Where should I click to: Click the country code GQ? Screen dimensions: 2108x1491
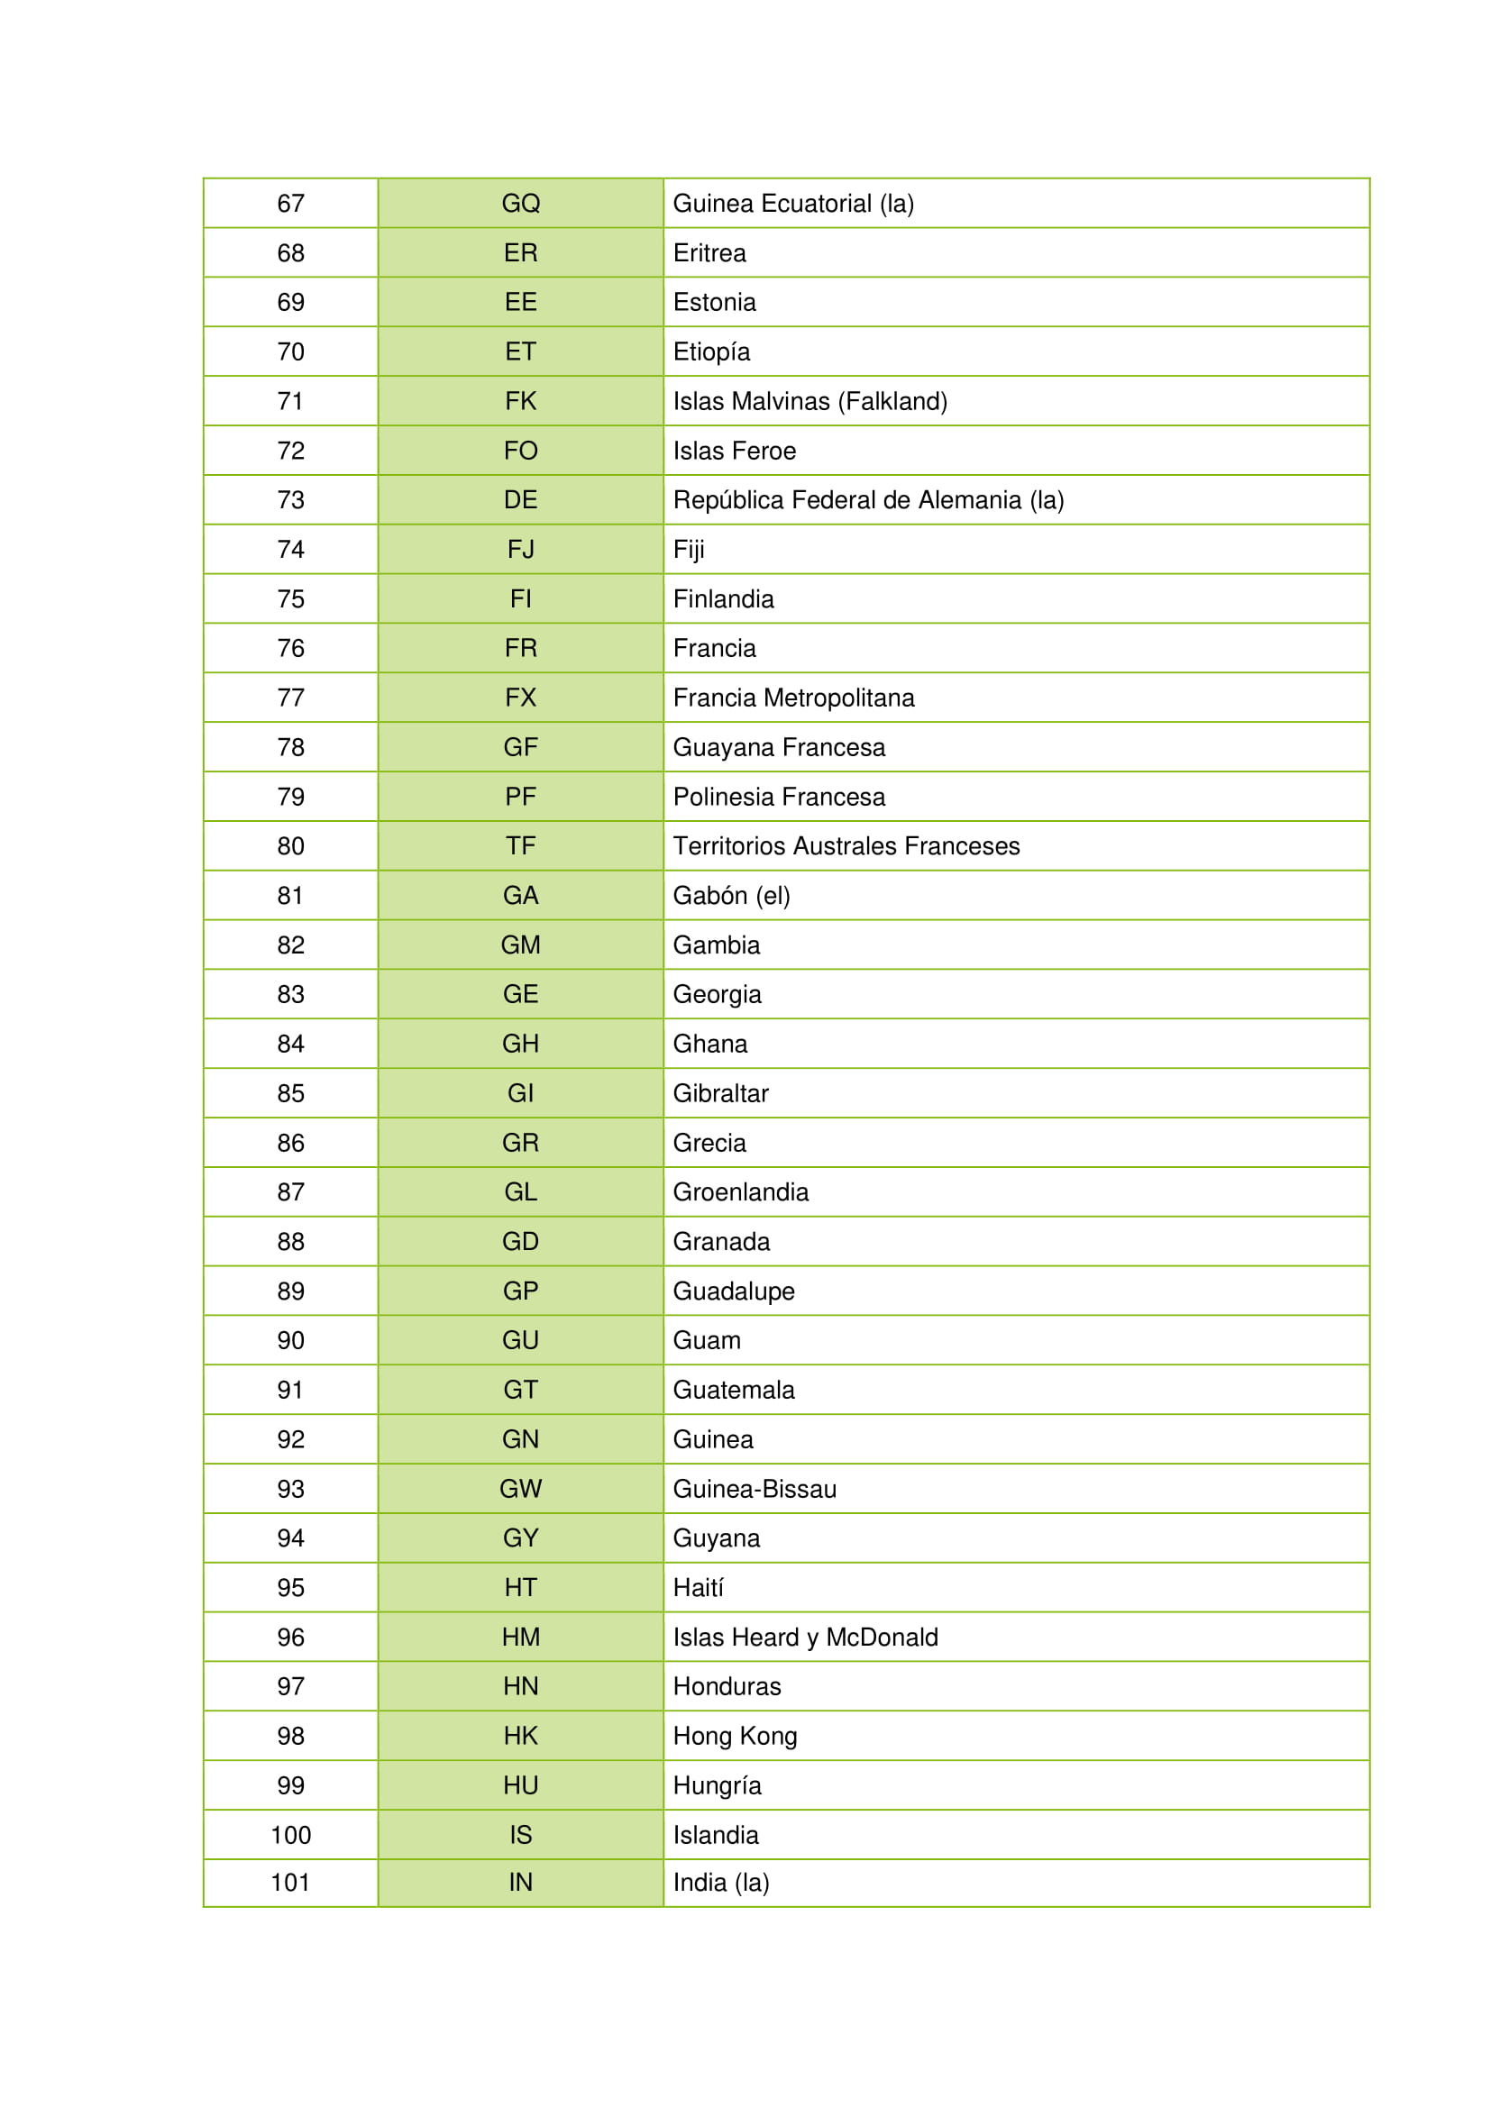(x=520, y=203)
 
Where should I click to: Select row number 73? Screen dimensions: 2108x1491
(x=290, y=499)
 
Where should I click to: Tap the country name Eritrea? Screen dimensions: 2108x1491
(x=709, y=252)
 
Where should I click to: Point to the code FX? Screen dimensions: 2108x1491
(x=520, y=698)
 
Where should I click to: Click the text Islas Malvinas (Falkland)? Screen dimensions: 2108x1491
(x=810, y=401)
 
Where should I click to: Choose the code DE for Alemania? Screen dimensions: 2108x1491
(x=520, y=499)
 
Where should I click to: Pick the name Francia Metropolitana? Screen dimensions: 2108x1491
(x=793, y=698)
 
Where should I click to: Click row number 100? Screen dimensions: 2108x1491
(x=290, y=1834)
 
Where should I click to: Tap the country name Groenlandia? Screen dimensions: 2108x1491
(x=740, y=1191)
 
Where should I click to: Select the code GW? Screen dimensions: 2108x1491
(x=520, y=1488)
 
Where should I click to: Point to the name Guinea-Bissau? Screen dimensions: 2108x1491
(x=754, y=1488)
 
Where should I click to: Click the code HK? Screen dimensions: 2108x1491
(x=520, y=1735)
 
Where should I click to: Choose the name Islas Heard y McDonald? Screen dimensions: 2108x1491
(x=805, y=1637)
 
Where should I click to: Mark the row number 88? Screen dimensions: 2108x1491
(x=290, y=1241)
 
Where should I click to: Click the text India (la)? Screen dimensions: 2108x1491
(x=721, y=1882)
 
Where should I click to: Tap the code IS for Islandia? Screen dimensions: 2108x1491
(x=520, y=1834)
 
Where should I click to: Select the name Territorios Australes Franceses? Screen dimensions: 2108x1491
(x=846, y=845)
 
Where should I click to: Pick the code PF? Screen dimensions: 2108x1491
(x=520, y=796)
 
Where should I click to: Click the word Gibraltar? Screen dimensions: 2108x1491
(x=721, y=1092)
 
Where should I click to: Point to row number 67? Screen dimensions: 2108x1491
(x=290, y=203)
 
